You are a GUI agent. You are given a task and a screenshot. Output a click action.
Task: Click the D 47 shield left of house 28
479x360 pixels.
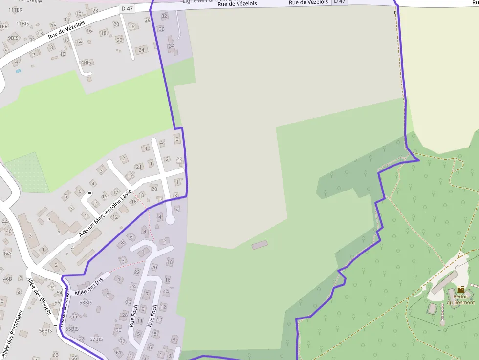(x=127, y=9)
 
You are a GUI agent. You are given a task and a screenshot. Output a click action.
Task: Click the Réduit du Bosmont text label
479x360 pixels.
(x=463, y=299)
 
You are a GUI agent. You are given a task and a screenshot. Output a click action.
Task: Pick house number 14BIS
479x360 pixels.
(x=85, y=63)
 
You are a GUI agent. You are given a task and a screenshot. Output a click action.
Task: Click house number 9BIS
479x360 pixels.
(x=13, y=38)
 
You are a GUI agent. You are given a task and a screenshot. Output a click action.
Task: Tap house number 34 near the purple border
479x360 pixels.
(x=171, y=46)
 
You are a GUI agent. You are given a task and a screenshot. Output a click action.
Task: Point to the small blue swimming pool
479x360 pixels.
(x=18, y=71)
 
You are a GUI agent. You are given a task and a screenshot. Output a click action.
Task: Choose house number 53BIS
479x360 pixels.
(x=85, y=303)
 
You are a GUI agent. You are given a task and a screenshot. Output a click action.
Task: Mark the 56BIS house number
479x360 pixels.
(x=45, y=331)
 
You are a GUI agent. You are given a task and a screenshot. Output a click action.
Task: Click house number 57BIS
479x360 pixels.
(x=96, y=339)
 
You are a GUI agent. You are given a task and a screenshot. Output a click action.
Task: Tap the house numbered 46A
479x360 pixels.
(x=7, y=254)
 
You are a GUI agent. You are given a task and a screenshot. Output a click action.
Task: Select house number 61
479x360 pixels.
(x=118, y=352)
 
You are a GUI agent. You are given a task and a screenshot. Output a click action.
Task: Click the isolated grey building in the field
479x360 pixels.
(x=260, y=245)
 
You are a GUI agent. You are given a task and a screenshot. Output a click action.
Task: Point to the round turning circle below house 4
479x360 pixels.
(x=170, y=220)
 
